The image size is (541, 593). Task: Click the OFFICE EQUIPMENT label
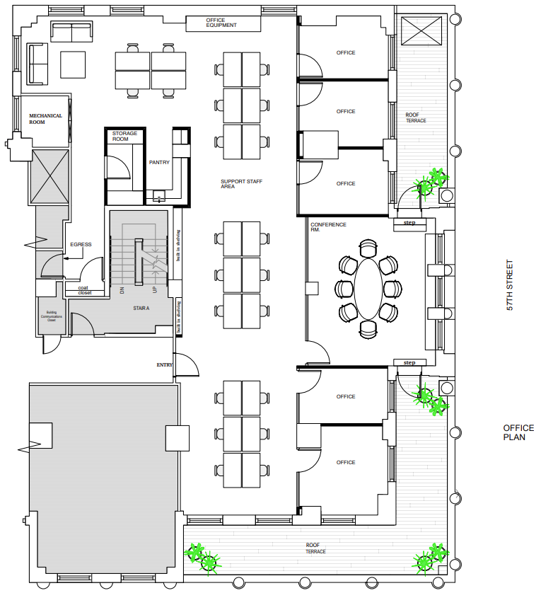(221, 23)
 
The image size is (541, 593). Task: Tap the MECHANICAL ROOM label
(45, 119)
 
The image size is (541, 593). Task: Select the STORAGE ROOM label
(124, 137)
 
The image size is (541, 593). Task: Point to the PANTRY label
(159, 162)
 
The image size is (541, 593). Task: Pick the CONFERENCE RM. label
(328, 227)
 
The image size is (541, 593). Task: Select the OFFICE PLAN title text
(518, 432)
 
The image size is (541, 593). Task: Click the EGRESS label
(81, 245)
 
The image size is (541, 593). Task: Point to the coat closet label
(85, 290)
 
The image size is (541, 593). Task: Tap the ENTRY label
(164, 365)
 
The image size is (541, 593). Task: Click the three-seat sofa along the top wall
(71, 32)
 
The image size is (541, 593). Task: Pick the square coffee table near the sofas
(72, 64)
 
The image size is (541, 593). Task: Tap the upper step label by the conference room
(409, 223)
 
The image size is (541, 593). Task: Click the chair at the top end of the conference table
(368, 248)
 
